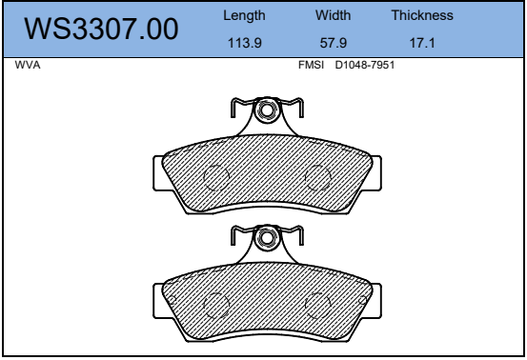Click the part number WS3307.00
101,29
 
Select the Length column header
244,16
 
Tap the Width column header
334,15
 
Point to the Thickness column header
422,15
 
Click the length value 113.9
245,43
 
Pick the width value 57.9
334,43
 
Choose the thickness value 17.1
422,43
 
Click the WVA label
28,65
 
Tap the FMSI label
312,65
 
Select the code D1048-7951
365,65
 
